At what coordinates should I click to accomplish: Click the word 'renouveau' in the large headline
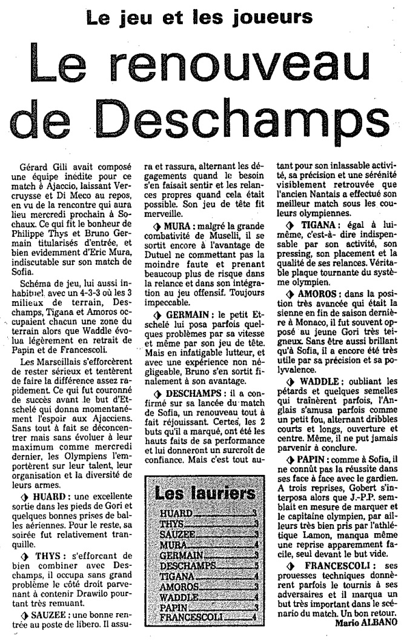238,64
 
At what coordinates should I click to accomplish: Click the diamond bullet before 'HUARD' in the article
24,497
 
